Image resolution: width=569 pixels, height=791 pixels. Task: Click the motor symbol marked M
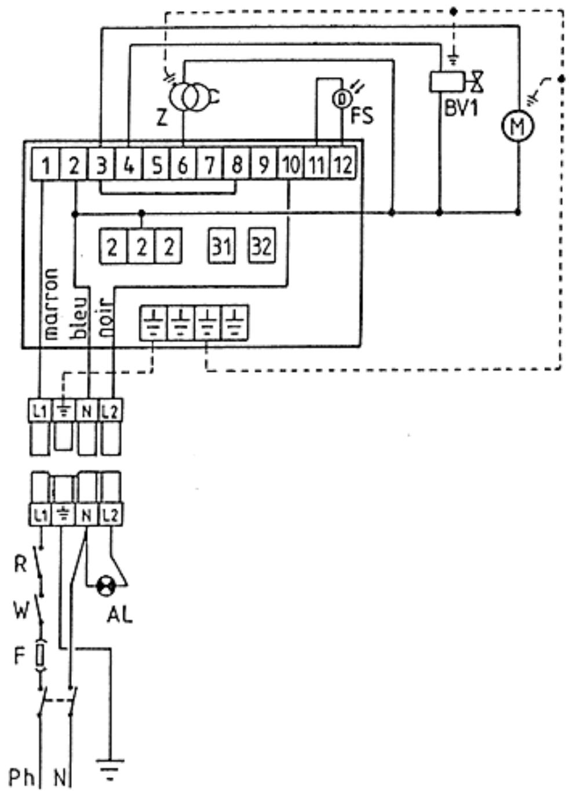coord(517,125)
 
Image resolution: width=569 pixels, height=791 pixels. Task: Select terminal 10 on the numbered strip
coord(290,164)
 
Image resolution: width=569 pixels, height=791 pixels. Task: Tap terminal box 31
coord(222,246)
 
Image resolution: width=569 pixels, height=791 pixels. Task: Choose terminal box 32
coord(262,246)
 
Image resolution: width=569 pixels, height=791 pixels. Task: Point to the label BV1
coord(460,108)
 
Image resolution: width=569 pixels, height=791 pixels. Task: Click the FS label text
coord(362,115)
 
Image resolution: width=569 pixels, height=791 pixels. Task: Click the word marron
coord(50,304)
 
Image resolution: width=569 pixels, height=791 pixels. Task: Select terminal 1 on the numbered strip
coord(46,164)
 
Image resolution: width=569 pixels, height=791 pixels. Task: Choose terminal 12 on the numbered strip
coord(343,164)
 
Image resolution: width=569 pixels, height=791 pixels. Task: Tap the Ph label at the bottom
coord(21,777)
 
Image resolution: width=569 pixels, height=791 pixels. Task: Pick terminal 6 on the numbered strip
coord(183,164)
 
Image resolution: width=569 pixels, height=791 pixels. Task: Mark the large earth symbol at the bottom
coord(111,770)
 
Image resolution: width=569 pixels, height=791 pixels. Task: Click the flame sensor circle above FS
coord(341,100)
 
